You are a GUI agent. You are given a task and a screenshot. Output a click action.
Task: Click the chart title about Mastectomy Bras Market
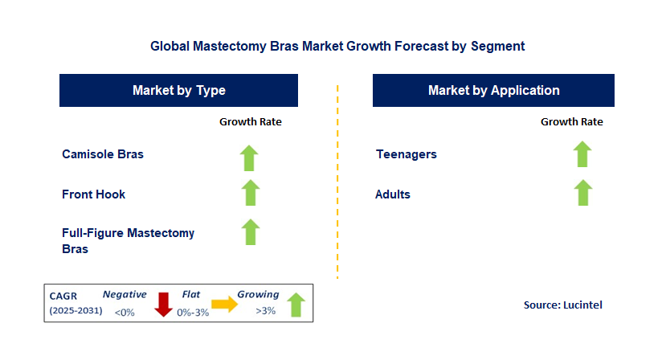pos(337,46)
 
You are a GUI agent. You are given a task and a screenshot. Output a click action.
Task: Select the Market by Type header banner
pos(179,90)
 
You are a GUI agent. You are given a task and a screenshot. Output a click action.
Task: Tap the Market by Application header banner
pos(493,90)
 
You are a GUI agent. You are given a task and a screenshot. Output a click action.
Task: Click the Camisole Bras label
pos(103,153)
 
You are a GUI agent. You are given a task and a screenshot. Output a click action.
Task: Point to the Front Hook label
pos(93,194)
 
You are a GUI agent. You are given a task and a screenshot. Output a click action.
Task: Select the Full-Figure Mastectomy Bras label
pos(128,240)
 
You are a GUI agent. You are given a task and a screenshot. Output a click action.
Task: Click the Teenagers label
pos(406,153)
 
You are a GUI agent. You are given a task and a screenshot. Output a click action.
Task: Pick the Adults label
pos(393,194)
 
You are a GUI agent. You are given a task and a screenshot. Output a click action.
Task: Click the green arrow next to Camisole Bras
pos(249,158)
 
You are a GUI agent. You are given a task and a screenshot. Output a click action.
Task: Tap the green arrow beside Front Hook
pos(251,193)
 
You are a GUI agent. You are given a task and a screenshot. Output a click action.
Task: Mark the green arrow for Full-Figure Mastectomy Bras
pos(251,232)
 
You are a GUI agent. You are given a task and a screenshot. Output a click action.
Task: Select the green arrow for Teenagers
pos(582,153)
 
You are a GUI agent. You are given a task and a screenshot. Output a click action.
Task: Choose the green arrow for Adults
pos(583,193)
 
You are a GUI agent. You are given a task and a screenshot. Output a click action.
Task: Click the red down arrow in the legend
pos(163,305)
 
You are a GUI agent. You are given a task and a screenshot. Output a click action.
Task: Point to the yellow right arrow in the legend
pos(225,304)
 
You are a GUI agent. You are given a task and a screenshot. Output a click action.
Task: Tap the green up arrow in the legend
pos(296,305)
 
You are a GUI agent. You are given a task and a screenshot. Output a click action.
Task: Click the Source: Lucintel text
pos(563,305)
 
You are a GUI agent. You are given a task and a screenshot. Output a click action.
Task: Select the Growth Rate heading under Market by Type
pos(251,121)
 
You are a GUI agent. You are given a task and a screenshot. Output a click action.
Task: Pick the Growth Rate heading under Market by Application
pos(572,121)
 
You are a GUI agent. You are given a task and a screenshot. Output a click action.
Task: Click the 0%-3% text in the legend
pos(193,313)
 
